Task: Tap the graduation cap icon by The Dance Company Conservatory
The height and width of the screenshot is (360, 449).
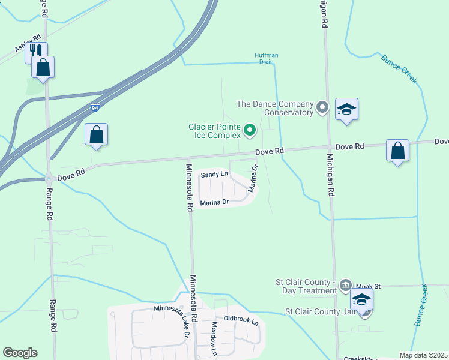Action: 346,109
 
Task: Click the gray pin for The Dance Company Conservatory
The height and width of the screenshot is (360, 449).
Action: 322,108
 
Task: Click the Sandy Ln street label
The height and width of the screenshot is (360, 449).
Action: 214,174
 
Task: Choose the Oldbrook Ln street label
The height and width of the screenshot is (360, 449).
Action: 241,320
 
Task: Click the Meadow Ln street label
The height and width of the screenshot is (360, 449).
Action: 215,337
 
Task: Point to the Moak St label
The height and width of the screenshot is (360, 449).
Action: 369,286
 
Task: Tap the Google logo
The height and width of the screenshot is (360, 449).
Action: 20,353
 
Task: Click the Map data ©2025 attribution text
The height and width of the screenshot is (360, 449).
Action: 423,355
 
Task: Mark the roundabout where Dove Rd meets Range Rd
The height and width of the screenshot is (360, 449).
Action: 48,178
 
